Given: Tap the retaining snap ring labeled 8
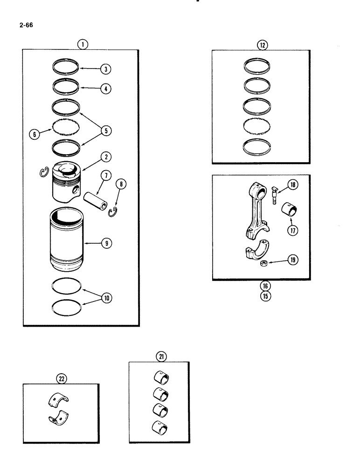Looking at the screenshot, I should click(x=112, y=213).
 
